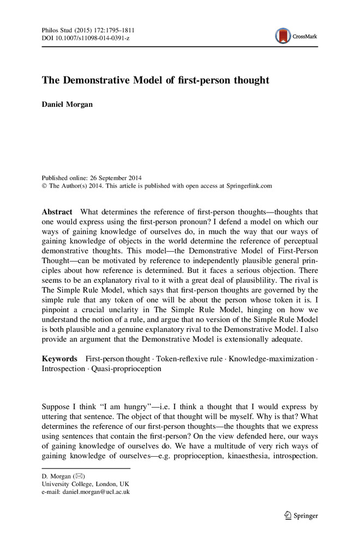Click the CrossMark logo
297,37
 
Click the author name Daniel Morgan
68,105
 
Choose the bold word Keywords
59,359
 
